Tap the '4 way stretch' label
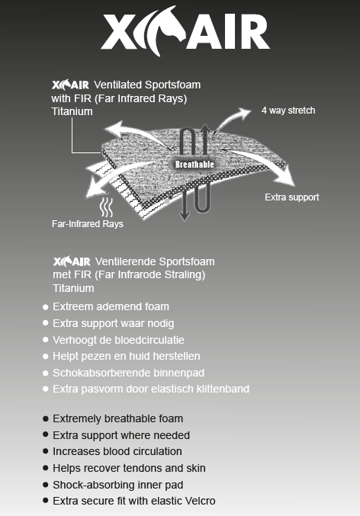coord(288,111)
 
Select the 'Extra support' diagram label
coord(292,197)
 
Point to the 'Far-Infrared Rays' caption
coord(88,224)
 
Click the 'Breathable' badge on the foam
coord(194,164)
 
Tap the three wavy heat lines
coord(106,207)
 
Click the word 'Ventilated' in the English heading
coord(117,85)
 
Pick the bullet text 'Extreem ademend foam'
coord(111,306)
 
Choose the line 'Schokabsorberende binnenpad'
coord(128,373)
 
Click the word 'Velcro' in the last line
coord(201,501)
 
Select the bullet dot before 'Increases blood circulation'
coord(46,451)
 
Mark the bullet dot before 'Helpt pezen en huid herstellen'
coord(46,356)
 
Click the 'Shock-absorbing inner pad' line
coord(118,485)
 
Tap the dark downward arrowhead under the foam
coord(185,216)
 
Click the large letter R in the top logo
coord(255,32)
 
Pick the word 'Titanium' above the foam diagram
coord(72,111)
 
